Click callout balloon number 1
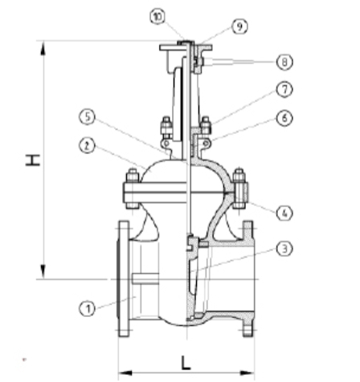(87, 309)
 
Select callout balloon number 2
(87, 146)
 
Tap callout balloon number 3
(284, 249)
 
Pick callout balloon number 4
(284, 213)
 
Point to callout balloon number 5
(87, 117)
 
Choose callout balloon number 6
(284, 118)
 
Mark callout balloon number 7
(284, 89)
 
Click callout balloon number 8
(284, 62)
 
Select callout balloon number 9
(239, 26)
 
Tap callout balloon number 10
(157, 17)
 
